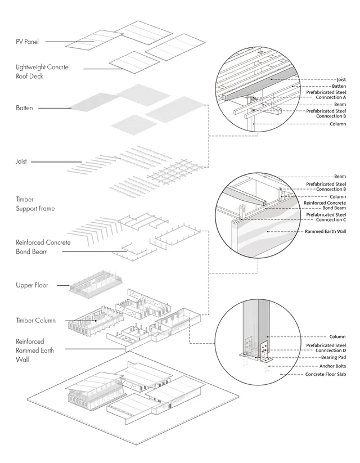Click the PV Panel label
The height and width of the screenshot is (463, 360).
[27, 42]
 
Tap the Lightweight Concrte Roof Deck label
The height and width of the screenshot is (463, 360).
[42, 71]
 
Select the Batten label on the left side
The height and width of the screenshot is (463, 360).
[24, 108]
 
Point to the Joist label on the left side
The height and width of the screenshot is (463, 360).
[21, 161]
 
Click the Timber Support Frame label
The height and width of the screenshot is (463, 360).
[35, 204]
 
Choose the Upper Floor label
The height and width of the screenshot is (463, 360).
[32, 285]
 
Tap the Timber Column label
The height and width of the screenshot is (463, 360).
[36, 320]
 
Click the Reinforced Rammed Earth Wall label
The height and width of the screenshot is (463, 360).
[35, 350]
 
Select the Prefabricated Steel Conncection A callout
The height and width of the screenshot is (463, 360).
[326, 95]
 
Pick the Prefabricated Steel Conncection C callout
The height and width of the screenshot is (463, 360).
[326, 217]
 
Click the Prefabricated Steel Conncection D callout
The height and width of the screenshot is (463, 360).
[326, 348]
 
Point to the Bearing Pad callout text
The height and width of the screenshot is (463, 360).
[334, 357]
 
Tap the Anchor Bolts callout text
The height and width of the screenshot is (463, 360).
[332, 366]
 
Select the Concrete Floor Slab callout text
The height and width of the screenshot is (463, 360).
[326, 374]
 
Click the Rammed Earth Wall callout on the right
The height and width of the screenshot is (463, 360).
[326, 231]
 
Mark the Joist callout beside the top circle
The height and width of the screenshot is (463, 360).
[341, 79]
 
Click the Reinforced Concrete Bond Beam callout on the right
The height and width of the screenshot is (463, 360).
[325, 205]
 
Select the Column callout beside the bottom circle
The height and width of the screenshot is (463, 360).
[337, 336]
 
